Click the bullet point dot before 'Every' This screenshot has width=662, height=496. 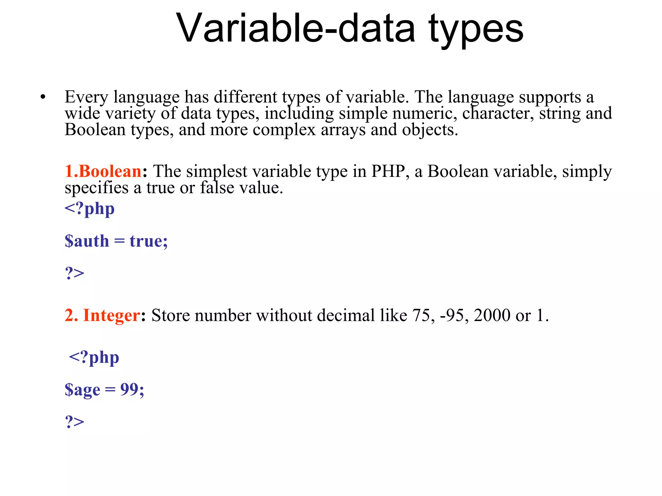(43, 97)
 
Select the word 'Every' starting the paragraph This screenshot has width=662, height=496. (86, 97)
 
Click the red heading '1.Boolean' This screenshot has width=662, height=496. (103, 171)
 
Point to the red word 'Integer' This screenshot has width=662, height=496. (112, 315)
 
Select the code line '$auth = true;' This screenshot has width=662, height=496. (116, 241)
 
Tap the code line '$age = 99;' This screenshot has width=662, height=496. (104, 389)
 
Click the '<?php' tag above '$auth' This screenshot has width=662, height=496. (90, 209)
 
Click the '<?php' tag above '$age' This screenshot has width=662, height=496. (94, 357)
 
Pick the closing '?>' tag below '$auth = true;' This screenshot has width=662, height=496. (74, 273)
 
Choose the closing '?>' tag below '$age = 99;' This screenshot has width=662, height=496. (74, 422)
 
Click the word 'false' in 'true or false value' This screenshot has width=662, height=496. (217, 188)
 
